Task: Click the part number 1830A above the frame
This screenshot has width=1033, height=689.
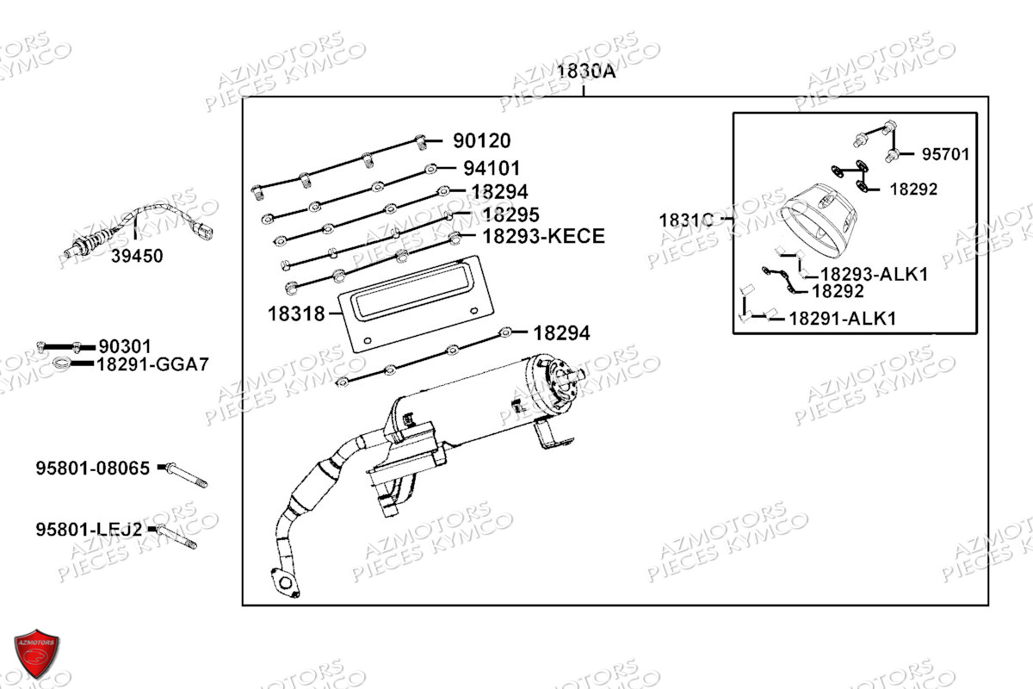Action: tap(586, 71)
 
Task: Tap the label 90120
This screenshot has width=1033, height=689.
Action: tap(482, 140)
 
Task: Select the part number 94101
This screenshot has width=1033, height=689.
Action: tap(492, 169)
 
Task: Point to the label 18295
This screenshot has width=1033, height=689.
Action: tap(511, 214)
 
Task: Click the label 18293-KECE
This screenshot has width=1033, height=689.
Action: tap(544, 236)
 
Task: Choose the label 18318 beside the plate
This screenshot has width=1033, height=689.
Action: tap(296, 314)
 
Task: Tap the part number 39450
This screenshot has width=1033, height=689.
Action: tap(137, 256)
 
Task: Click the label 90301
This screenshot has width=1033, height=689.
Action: tap(125, 346)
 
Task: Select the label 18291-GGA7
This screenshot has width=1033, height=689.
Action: tap(153, 364)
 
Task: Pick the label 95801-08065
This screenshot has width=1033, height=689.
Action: tap(93, 468)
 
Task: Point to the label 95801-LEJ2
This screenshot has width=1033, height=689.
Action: tap(89, 530)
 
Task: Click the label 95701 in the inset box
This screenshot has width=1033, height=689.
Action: tap(946, 154)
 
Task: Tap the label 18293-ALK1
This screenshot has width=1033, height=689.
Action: tap(875, 274)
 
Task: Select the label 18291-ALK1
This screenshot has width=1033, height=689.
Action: tap(843, 319)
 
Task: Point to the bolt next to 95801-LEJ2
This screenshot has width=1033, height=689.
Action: tap(176, 537)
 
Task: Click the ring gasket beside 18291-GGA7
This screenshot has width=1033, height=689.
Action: tap(62, 364)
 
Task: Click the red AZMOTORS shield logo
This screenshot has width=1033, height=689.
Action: tap(36, 653)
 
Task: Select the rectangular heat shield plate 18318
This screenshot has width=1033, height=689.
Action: tap(416, 304)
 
